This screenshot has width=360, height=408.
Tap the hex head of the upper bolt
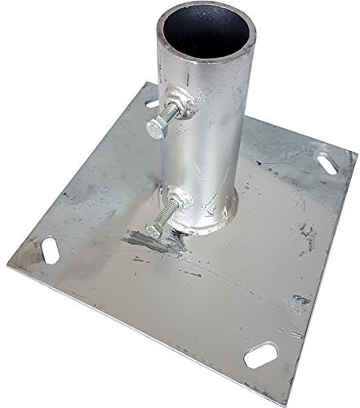(155, 129)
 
